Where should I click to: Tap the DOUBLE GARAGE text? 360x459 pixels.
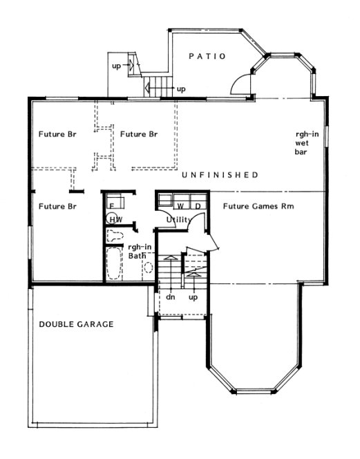[76, 324]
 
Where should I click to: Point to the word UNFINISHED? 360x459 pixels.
[220, 175]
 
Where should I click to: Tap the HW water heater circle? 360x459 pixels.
[114, 219]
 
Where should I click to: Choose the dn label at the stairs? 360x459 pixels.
[170, 297]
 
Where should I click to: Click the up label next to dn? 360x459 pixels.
[194, 297]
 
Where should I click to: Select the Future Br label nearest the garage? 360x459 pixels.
[57, 205]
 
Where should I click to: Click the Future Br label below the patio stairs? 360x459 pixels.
[140, 134]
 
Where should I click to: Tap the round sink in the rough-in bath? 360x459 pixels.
[148, 270]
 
